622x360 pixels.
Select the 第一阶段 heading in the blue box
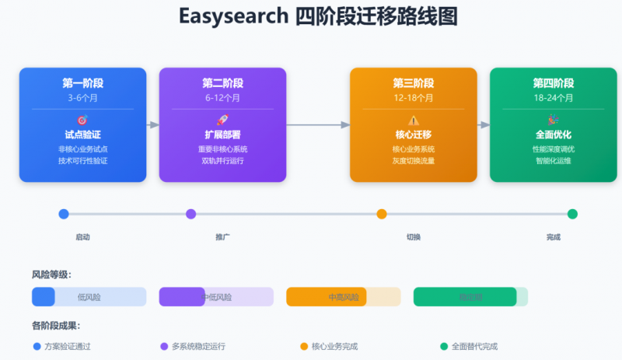82,83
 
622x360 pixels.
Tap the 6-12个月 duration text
222,99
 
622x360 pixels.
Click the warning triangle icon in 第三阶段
413,121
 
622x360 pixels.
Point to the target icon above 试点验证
82,121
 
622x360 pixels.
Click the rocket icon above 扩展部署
222,121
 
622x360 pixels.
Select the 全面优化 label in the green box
553,135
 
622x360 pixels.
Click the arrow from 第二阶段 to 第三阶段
318,124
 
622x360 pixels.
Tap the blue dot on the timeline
64,214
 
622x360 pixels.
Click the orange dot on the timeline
382,214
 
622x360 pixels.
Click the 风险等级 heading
52,274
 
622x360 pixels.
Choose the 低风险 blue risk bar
89,297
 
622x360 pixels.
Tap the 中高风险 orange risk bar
343,297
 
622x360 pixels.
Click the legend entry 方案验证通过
72,346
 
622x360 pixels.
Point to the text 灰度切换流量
413,161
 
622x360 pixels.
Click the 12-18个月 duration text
413,99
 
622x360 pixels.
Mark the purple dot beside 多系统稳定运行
164,346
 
